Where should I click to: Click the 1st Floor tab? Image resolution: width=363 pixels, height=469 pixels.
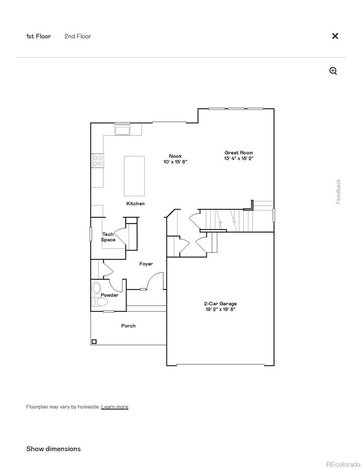pyautogui.click(x=38, y=36)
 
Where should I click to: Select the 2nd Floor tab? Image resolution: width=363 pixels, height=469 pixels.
pyautogui.click(x=78, y=36)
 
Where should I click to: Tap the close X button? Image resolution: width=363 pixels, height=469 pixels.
pyautogui.click(x=335, y=36)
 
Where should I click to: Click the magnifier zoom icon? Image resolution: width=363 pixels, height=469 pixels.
pyautogui.click(x=333, y=71)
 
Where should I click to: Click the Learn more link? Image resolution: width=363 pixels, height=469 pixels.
pyautogui.click(x=114, y=407)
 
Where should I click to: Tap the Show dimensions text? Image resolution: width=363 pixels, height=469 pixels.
pyautogui.click(x=53, y=449)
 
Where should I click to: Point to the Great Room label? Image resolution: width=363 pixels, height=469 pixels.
pyautogui.click(x=238, y=153)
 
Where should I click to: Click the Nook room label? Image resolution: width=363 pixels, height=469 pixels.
pyautogui.click(x=175, y=156)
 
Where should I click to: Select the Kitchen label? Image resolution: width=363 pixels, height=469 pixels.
pyautogui.click(x=135, y=204)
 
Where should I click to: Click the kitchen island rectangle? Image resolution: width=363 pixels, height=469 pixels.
pyautogui.click(x=134, y=176)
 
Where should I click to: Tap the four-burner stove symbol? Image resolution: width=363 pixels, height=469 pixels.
pyautogui.click(x=98, y=161)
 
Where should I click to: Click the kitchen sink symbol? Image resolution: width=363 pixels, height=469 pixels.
pyautogui.click(x=123, y=130)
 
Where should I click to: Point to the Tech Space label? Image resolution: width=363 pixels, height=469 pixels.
pyautogui.click(x=108, y=237)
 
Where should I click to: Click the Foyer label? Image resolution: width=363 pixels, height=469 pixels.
pyautogui.click(x=146, y=264)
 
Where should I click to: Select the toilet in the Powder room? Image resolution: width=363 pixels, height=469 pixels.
pyautogui.click(x=99, y=302)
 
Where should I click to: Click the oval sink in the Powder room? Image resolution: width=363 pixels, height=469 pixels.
pyautogui.click(x=96, y=288)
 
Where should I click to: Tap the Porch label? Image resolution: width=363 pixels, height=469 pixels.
pyautogui.click(x=128, y=326)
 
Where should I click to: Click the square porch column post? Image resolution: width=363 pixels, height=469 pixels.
pyautogui.click(x=94, y=342)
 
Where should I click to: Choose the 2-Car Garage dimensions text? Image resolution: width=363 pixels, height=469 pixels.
pyautogui.click(x=220, y=309)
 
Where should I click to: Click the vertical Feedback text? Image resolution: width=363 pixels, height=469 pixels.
pyautogui.click(x=338, y=192)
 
